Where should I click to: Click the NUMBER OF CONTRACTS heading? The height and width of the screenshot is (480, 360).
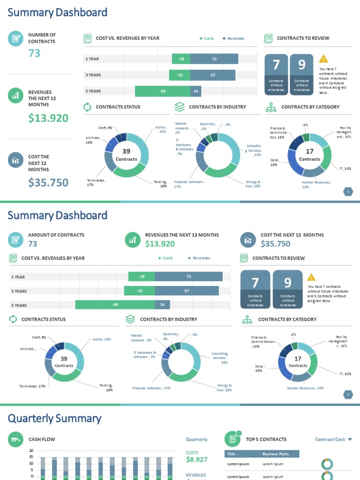(x=42, y=38)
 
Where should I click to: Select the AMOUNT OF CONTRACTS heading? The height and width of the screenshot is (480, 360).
(x=56, y=235)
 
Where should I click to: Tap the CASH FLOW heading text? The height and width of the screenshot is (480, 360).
(x=42, y=439)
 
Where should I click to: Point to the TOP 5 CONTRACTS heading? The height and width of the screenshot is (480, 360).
(x=266, y=439)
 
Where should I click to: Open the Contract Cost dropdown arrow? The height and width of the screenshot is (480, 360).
(x=350, y=440)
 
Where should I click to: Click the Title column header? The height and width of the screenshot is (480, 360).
(x=231, y=454)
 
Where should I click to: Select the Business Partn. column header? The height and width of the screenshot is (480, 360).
(x=276, y=454)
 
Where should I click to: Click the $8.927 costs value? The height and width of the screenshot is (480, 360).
(x=196, y=460)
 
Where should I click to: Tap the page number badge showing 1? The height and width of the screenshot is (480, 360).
(x=348, y=191)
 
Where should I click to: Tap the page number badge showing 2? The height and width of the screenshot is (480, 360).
(x=348, y=395)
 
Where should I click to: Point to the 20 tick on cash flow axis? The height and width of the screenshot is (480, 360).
(x=31, y=450)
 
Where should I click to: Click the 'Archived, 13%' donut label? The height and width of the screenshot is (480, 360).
(x=89, y=140)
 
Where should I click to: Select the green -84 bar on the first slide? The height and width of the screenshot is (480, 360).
(x=163, y=91)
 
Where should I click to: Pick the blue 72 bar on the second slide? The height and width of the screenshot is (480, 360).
(x=188, y=277)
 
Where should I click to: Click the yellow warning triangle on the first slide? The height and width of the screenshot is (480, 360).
(x=323, y=59)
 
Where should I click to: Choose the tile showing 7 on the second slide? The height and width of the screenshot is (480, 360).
(x=255, y=289)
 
